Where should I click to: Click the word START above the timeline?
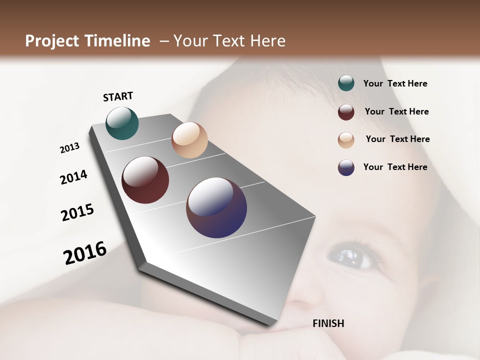click(118, 96)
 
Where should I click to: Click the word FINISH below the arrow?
click(328, 323)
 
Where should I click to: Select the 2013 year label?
click(69, 148)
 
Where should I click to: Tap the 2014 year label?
click(73, 177)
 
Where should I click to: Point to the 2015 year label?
click(77, 212)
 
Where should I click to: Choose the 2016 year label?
click(85, 253)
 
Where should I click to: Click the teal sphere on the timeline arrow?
click(122, 123)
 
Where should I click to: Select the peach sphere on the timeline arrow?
click(189, 140)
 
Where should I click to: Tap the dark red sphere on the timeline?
click(145, 180)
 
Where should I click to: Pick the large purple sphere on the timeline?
click(216, 207)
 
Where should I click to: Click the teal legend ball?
click(346, 83)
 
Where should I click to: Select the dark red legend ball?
click(346, 112)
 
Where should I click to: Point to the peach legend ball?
click(346, 140)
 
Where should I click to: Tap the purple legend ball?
click(346, 167)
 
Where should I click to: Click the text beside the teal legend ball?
click(395, 83)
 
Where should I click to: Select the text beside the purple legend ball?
click(395, 167)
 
